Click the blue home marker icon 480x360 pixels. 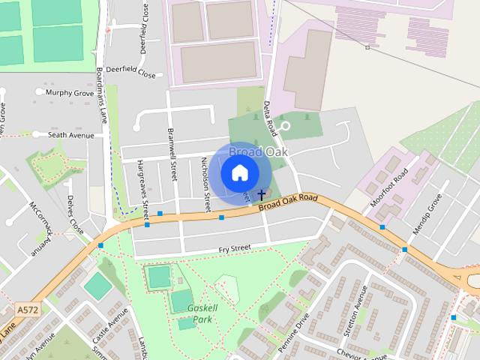click(239, 173)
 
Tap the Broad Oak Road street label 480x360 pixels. click(289, 202)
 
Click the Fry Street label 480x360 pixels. click(234, 248)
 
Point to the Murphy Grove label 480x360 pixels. click(70, 93)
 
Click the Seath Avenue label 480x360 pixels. click(71, 135)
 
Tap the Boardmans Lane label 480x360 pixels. click(102, 95)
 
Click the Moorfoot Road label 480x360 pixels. click(389, 188)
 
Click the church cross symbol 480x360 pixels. click(261, 194)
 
